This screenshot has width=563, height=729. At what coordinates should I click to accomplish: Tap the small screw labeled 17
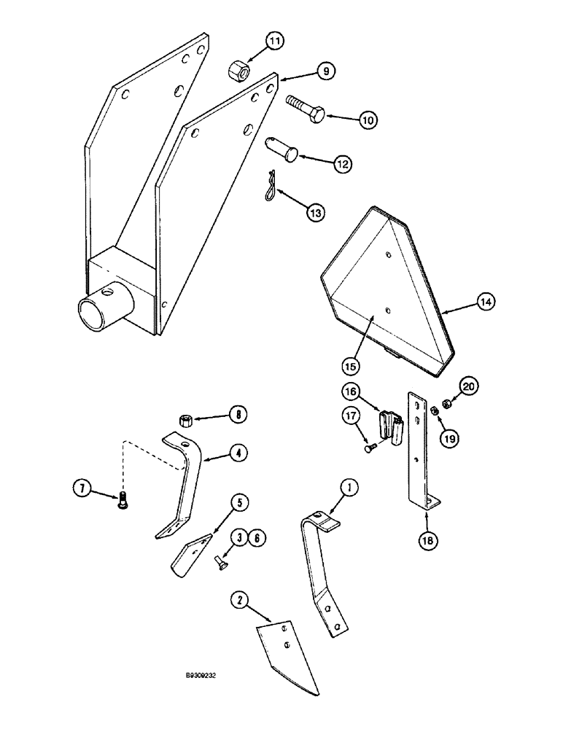(x=370, y=449)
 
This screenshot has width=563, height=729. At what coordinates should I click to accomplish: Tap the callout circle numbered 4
(x=236, y=453)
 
